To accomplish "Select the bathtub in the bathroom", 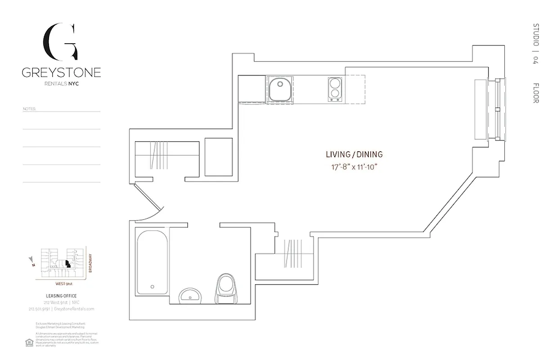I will [x=152, y=261].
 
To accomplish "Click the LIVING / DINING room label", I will [x=354, y=154].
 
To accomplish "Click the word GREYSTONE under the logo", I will [x=61, y=72].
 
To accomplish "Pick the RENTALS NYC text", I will [x=61, y=84].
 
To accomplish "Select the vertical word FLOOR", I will [x=536, y=93].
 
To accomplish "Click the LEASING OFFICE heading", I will [x=61, y=296].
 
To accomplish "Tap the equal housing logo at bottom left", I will [x=29, y=342].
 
